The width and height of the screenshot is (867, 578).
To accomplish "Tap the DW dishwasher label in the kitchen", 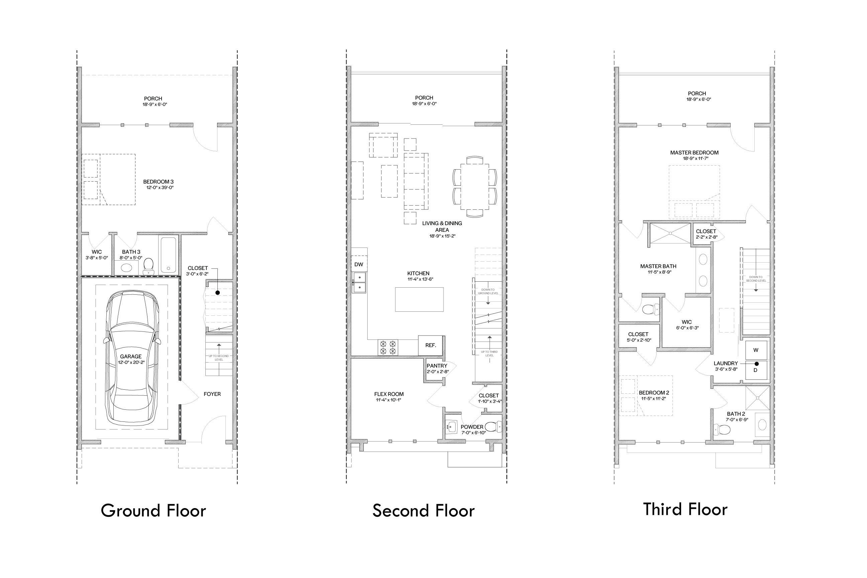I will click(x=359, y=264).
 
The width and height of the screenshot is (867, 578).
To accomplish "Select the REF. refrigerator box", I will click(x=430, y=346).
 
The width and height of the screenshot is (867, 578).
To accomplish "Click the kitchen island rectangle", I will click(x=419, y=299).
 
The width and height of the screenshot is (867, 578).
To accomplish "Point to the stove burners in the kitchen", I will click(x=388, y=347).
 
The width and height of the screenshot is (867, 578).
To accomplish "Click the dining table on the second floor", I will click(x=475, y=187).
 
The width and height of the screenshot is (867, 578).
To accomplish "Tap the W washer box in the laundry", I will click(x=756, y=350).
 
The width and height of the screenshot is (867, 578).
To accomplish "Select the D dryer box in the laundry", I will click(x=755, y=370).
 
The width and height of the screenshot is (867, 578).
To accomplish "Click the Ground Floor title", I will click(x=153, y=511).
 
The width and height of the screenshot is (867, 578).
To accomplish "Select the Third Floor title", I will click(x=685, y=509).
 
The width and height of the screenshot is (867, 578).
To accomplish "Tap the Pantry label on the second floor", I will click(x=437, y=366).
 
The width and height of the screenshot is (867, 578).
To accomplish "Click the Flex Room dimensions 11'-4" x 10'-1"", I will click(x=389, y=400).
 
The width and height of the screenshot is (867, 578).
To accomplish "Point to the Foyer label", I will click(x=212, y=394).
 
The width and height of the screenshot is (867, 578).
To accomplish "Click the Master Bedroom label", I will click(x=694, y=153).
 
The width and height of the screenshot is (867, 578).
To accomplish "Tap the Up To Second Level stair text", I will click(x=219, y=358).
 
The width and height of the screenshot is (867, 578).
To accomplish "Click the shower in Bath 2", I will click(x=757, y=398).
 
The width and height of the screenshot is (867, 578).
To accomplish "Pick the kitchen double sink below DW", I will click(x=359, y=283).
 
